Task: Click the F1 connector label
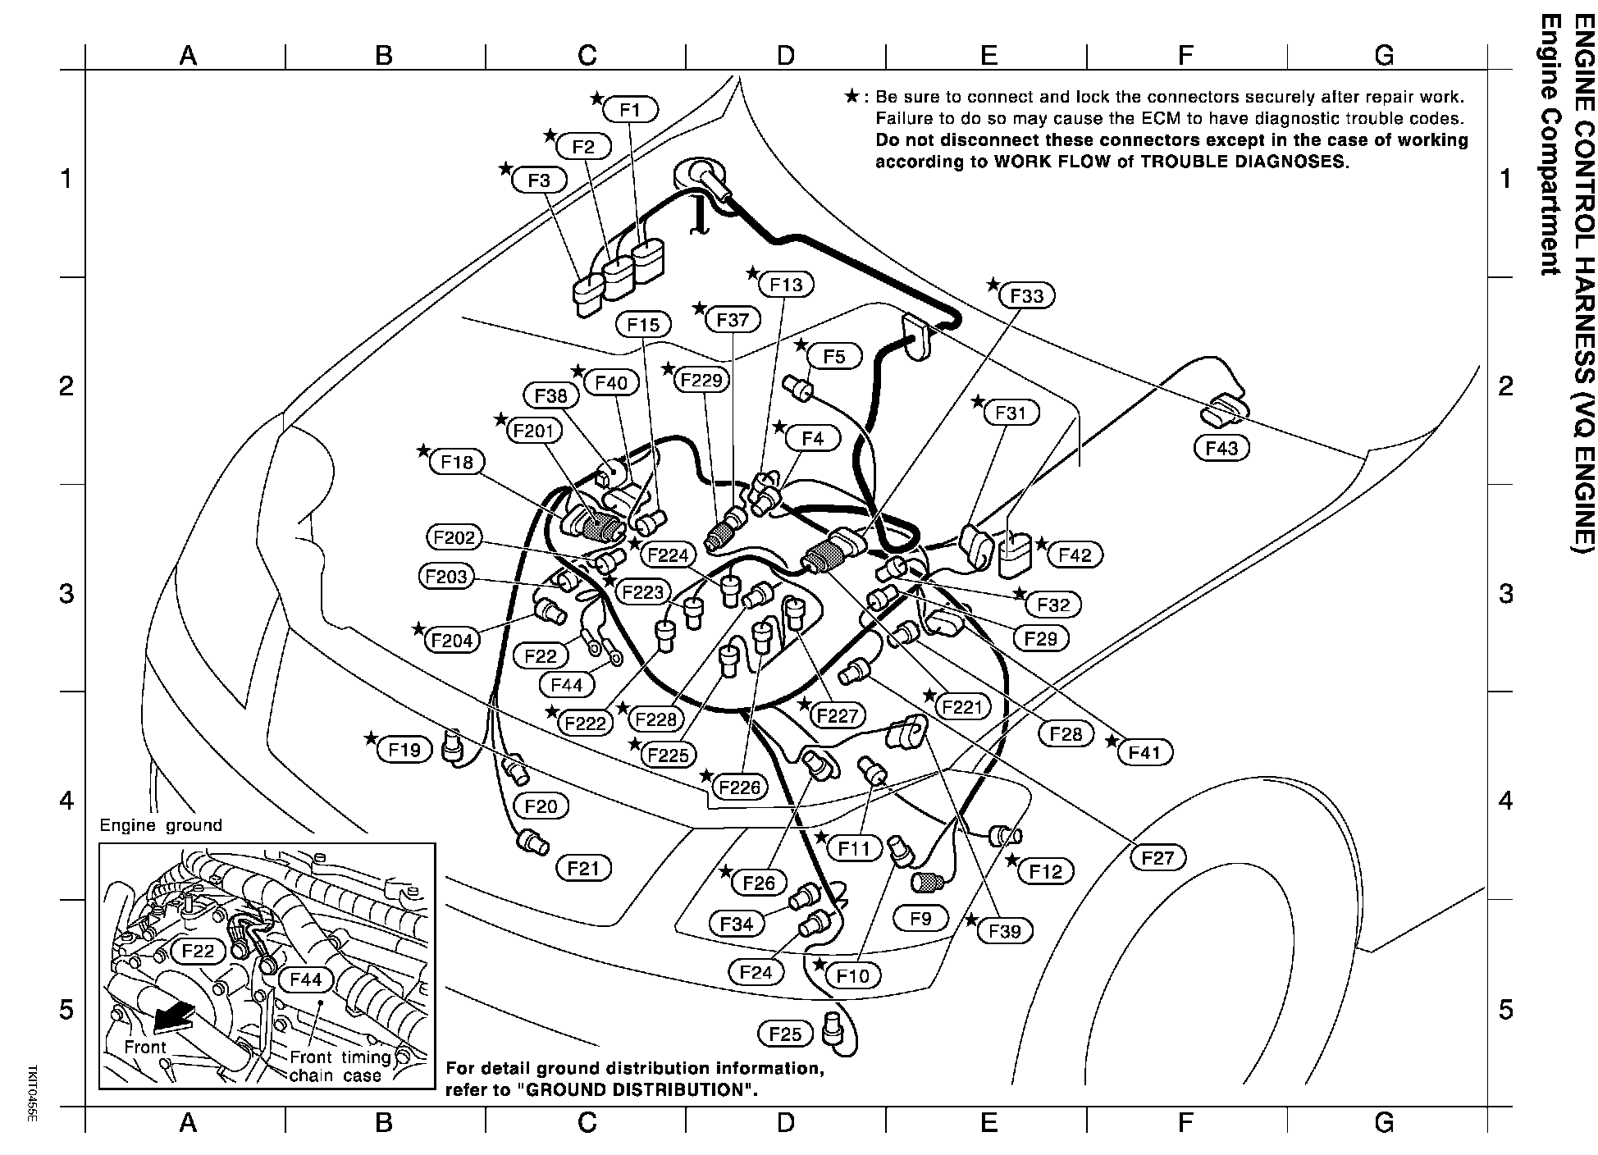[630, 109]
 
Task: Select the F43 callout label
[1221, 448]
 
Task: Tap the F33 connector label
[1027, 295]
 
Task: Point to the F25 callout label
[785, 1034]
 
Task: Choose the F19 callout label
[404, 749]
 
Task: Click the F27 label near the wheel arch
[1157, 858]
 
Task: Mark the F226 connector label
[739, 787]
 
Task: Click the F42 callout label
[1075, 555]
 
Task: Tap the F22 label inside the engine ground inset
[198, 951]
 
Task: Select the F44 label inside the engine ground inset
[305, 979]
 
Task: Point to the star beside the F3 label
[505, 168]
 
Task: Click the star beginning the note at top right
[852, 97]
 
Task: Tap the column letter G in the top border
[1384, 55]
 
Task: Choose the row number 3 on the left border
[67, 592]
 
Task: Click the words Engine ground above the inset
[161, 825]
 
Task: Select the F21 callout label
[583, 867]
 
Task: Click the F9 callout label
[920, 918]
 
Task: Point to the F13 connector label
[786, 285]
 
